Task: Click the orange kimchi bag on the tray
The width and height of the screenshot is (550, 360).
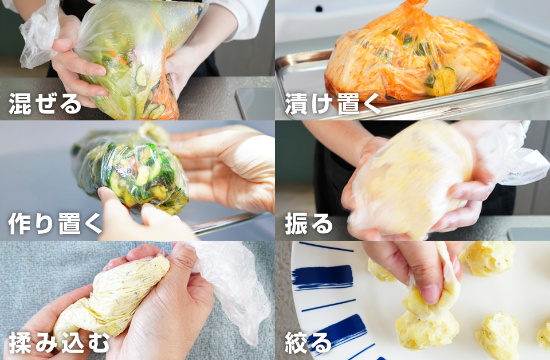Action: tap(412, 57)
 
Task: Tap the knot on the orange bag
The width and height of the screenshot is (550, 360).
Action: tap(417, 5)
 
